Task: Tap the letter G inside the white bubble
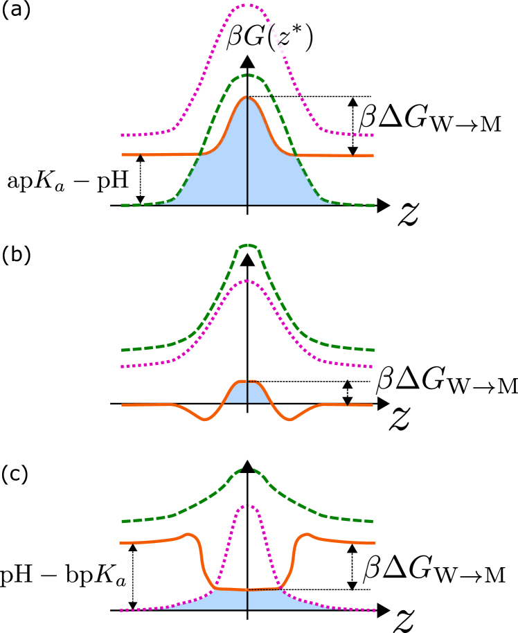(254, 39)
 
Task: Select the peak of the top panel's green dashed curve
(247, 75)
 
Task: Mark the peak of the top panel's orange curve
(247, 98)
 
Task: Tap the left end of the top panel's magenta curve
(123, 135)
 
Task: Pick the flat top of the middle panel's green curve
(247, 246)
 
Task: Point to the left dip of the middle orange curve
(204, 419)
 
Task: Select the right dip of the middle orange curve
(291, 419)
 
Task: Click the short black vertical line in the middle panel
(247, 392)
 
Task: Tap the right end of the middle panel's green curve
(373, 350)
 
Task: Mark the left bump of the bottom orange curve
(186, 534)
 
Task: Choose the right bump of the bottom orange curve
(307, 534)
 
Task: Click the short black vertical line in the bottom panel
(247, 599)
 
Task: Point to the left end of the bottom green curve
(123, 521)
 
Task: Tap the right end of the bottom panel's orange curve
(374, 543)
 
